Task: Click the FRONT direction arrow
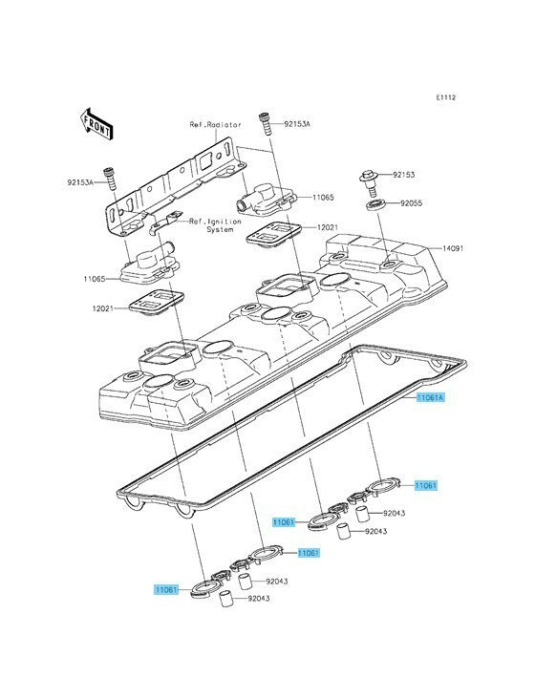pos(96,122)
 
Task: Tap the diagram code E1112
pos(446,97)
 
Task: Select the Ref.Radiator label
pos(216,125)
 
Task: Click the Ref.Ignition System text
pos(215,225)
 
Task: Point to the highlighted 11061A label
pos(431,397)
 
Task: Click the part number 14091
pos(452,248)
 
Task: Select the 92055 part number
pos(411,203)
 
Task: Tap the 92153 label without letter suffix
pos(403,175)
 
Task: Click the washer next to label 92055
pos(375,205)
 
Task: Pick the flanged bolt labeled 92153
pos(370,181)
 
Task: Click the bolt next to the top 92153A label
pos(266,123)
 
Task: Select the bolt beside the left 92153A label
pos(110,179)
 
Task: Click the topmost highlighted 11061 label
pos(426,485)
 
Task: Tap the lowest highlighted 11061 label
pos(166,590)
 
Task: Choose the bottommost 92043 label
pos(259,598)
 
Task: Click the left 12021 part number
pos(103,308)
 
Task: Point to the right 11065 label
pos(323,198)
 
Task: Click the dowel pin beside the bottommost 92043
pos(226,598)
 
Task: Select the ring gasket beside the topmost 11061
pos(381,486)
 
